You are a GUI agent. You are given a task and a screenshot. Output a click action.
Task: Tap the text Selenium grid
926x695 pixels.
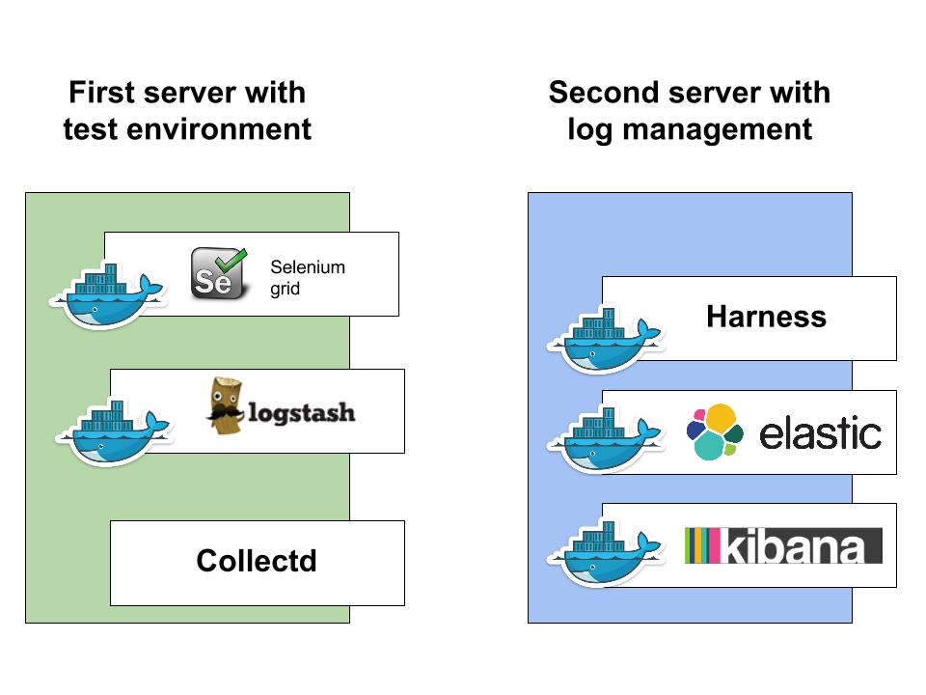308,278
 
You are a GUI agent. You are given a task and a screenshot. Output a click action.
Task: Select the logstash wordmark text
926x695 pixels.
302,412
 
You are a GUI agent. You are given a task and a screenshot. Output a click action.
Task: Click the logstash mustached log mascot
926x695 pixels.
226,406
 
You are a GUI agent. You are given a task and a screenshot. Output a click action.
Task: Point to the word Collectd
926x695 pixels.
257,561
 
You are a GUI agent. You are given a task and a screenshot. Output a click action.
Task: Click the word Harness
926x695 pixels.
767,317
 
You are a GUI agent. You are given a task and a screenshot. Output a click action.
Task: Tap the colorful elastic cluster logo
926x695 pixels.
715,432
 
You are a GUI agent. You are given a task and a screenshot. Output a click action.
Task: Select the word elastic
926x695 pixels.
820,433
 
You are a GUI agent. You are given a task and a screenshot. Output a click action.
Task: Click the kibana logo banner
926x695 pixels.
783,545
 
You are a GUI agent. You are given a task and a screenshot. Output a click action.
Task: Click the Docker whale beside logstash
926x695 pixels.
114,432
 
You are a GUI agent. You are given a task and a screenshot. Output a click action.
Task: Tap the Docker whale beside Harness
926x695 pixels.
606,340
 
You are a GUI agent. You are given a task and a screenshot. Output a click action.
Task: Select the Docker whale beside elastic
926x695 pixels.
606,439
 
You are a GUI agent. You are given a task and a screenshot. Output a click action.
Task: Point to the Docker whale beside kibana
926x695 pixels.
606,552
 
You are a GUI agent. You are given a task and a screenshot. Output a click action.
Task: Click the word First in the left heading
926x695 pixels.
102,93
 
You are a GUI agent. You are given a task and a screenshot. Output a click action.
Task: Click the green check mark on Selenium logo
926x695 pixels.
231,260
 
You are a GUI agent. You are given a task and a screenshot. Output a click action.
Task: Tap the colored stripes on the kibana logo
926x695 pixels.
702,545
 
